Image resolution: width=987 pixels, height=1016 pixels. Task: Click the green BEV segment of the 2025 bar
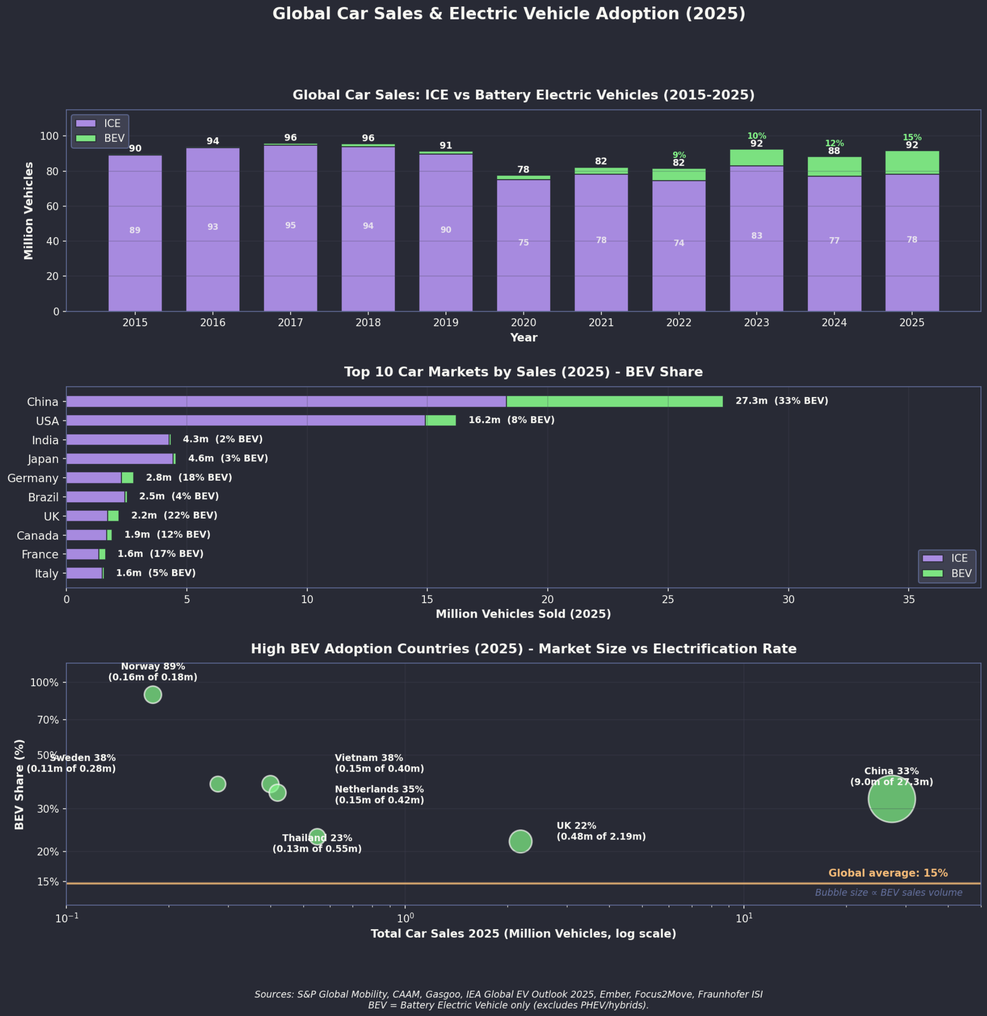tap(912, 163)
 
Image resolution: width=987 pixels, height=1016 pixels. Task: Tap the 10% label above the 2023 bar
tap(756, 136)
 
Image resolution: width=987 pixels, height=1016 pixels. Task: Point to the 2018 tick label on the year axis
tap(368, 322)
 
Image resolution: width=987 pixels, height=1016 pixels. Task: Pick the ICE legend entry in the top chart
tap(99, 123)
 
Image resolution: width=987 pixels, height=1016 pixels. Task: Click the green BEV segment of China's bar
tap(614, 401)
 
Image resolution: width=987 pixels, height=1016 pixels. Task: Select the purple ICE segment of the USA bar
tap(246, 420)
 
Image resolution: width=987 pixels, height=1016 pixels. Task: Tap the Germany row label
tap(33, 478)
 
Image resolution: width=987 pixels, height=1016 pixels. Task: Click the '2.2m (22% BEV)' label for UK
tap(174, 515)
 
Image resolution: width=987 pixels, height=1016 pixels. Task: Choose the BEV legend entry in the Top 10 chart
tap(946, 573)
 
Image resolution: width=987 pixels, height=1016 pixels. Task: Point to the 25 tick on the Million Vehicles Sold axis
tap(668, 600)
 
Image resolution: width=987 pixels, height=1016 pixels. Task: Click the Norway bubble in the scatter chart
tap(152, 695)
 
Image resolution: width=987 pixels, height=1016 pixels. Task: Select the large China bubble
tap(891, 799)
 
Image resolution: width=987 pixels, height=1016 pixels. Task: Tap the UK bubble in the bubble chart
tap(520, 841)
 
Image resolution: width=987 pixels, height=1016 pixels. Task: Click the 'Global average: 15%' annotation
tap(888, 873)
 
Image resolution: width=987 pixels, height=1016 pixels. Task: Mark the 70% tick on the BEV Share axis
tap(44, 720)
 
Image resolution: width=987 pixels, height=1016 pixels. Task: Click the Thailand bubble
tap(317, 837)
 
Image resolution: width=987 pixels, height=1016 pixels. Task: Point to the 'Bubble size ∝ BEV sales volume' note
tap(888, 893)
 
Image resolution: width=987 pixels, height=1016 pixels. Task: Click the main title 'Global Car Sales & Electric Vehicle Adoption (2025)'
tap(508, 14)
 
